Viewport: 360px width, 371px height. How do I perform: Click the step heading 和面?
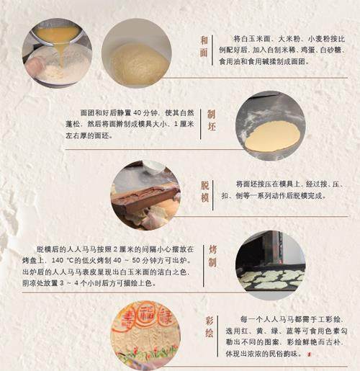click(204, 46)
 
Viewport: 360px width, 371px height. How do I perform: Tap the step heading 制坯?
click(212, 120)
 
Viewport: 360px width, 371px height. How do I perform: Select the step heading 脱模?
click(204, 192)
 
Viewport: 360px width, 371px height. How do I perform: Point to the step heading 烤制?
click(212, 256)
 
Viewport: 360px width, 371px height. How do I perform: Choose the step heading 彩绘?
click(210, 327)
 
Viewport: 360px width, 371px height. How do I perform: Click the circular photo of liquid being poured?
click(57, 53)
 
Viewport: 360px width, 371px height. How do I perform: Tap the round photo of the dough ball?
click(137, 53)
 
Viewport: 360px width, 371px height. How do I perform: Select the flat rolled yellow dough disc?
click(273, 138)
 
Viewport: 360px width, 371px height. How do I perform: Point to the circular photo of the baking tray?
click(271, 265)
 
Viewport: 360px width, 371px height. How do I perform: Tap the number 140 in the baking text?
click(58, 261)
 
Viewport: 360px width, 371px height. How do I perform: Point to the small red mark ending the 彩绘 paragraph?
click(310, 354)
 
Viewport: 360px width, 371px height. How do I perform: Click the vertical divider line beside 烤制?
click(203, 266)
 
